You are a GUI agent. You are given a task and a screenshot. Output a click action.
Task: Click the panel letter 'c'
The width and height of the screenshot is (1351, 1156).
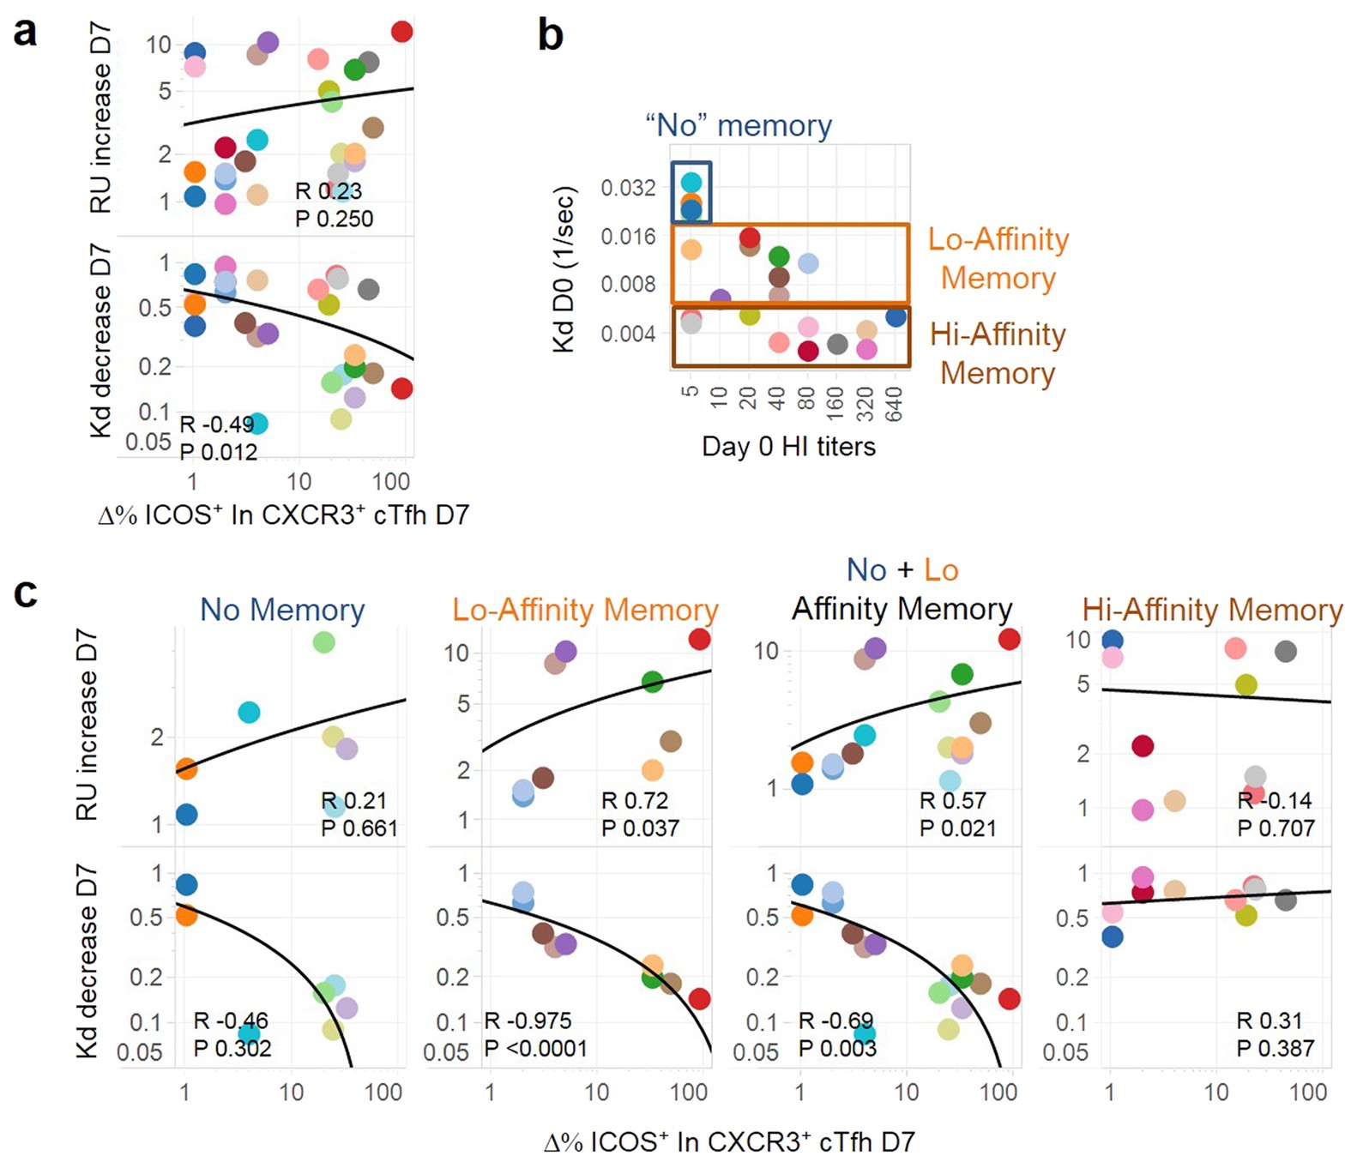pos(26,592)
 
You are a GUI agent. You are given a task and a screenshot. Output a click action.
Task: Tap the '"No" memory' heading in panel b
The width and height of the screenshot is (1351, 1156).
pos(739,125)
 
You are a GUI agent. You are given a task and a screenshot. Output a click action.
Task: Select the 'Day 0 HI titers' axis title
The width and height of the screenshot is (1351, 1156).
pos(788,446)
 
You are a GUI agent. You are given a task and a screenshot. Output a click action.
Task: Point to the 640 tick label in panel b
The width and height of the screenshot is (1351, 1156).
pos(894,403)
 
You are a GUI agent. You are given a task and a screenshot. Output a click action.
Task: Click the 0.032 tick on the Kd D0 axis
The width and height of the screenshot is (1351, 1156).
pos(628,188)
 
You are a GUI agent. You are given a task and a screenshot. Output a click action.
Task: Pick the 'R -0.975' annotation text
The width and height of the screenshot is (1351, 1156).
pos(528,1021)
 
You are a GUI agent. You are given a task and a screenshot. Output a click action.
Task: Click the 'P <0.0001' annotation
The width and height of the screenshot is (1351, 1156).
pos(536,1048)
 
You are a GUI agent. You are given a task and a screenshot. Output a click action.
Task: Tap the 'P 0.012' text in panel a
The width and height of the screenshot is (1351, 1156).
pos(218,451)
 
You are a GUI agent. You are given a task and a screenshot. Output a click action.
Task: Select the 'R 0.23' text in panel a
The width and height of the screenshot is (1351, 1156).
pos(329,190)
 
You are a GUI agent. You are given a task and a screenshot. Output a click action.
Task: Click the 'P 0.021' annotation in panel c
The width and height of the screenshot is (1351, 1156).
pos(958,828)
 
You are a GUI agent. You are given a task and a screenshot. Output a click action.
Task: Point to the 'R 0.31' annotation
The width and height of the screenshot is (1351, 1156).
pos(1270,1021)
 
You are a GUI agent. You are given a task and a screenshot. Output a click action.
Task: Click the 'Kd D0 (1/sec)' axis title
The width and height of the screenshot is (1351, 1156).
pos(564,269)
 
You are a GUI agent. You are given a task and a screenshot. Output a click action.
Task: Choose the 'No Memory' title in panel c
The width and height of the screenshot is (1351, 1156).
pos(282,610)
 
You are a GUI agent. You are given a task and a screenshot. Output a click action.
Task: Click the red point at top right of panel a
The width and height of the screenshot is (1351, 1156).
pos(401,32)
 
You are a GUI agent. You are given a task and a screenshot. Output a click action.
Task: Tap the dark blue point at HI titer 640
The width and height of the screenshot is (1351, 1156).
pos(896,317)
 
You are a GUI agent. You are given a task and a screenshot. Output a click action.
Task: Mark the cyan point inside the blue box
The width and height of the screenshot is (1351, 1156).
pos(691,182)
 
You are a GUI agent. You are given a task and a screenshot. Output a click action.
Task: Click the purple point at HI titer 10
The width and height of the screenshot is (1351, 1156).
pos(721,299)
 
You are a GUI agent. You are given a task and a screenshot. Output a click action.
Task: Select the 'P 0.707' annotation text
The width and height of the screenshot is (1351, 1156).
pos(1276,828)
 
